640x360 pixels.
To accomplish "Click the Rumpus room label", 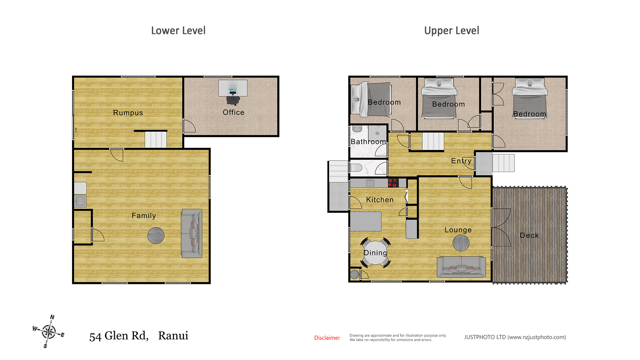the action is coord(128,113).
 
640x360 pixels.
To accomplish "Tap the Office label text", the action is coord(234,112).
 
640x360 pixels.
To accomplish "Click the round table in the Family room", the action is coord(156,235).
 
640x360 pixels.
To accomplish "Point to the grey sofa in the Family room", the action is coord(192,233).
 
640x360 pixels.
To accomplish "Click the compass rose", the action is coord(49,331).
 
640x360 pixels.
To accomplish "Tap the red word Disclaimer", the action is coord(327,338).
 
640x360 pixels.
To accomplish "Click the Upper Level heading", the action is coord(452,31).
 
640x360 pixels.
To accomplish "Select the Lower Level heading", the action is coord(178,31).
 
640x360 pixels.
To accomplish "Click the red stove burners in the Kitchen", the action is coord(393,183).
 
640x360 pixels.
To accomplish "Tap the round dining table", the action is coord(376,252).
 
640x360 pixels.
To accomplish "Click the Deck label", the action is coord(529,235).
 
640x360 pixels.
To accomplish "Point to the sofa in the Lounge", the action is coord(461,267).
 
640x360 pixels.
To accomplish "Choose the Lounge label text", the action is coord(458,230).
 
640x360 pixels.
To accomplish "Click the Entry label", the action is coord(461,161).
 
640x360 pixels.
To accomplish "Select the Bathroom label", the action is coord(368,142).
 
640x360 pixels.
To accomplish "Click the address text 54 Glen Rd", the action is coord(119,336).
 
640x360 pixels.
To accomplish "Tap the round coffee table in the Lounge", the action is coord(461,243).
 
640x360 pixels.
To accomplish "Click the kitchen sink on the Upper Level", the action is coord(370,183).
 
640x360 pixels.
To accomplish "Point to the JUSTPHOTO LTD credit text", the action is coord(515,337).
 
